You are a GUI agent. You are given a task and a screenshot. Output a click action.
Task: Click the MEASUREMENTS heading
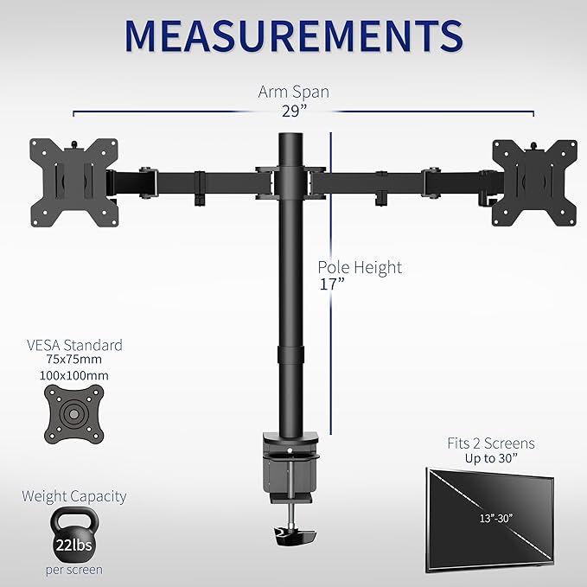293,35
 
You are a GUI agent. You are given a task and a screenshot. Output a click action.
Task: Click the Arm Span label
294,92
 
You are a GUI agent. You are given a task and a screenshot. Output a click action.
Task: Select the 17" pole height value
331,284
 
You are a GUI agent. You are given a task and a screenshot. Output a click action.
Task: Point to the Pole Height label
359,267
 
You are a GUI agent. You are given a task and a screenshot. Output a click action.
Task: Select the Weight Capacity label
74,496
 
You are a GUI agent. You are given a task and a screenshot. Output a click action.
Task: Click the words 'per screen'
73,570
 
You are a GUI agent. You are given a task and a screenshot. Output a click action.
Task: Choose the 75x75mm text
74,361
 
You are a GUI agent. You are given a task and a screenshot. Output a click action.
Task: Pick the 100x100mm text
74,376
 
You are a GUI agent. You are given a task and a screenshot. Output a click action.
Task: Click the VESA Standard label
74,345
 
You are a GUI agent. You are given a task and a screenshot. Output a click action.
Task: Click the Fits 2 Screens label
491,443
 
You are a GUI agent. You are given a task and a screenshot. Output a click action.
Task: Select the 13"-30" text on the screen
490,518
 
